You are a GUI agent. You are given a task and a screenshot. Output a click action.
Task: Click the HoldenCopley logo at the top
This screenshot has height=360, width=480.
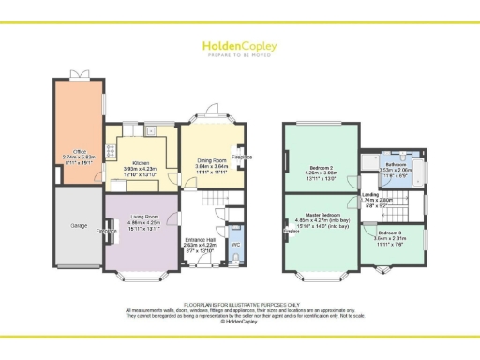pyautogui.click(x=239, y=44)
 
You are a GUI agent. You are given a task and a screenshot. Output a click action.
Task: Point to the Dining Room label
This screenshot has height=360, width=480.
pyautogui.click(x=211, y=161)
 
